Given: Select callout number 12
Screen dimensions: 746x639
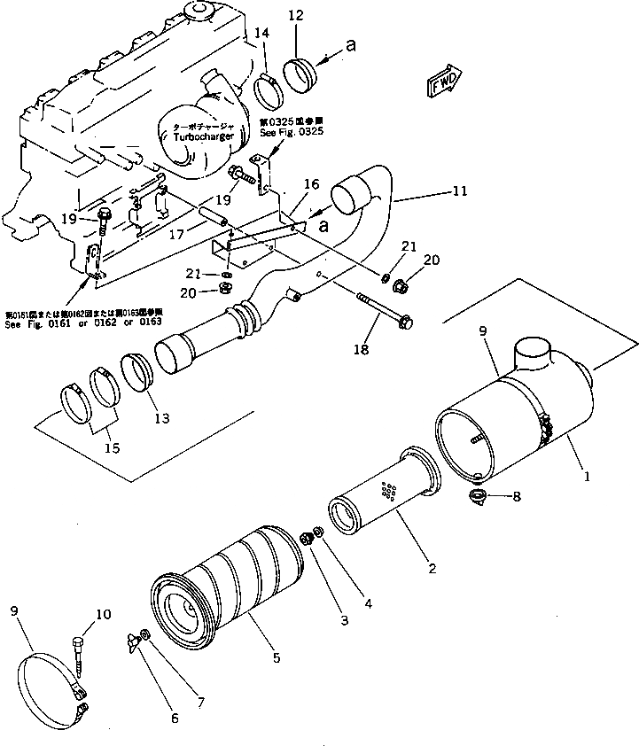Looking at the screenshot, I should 295,15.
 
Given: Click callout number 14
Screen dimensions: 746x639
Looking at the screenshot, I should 261,33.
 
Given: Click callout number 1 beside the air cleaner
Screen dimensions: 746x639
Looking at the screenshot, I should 586,475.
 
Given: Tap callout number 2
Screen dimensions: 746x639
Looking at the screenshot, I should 432,568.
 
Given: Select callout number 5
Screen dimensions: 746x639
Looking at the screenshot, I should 277,658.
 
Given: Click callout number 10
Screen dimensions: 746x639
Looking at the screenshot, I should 104,613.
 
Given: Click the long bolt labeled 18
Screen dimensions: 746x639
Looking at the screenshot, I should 382,310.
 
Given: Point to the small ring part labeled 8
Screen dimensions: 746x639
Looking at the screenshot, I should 479,496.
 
